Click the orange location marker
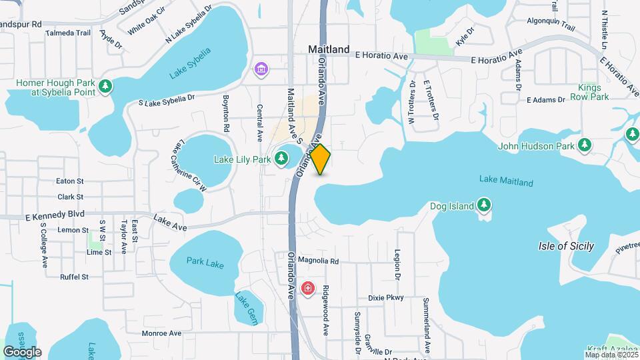pos(321,159)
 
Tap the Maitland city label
pos(329,49)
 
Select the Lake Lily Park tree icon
pos(282,159)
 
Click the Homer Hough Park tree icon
pos(105,86)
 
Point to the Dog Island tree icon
pos(485,205)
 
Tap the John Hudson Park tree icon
pos(585,145)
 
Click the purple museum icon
pos(261,69)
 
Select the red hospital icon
pos(308,288)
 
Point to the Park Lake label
pos(205,263)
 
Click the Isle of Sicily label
pos(565,246)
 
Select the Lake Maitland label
pos(506,181)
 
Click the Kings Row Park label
pos(593,92)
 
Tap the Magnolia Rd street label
pos(319,261)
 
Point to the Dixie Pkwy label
pos(386,298)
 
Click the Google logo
pos(22,351)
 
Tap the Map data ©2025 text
pos(610,354)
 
